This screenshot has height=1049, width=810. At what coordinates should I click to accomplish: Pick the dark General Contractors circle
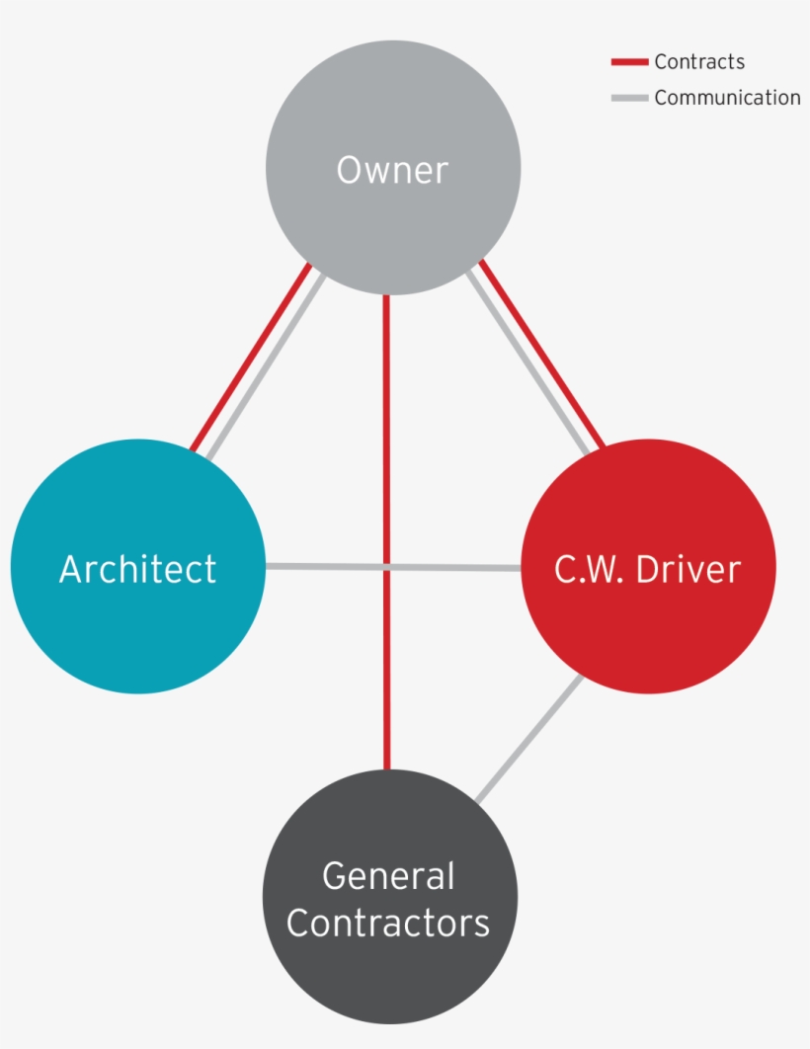point(389,978)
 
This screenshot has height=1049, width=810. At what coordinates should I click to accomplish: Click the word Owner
point(392,171)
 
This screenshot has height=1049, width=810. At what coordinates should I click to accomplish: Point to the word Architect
point(137,569)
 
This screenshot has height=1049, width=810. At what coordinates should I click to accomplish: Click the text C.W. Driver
point(648,569)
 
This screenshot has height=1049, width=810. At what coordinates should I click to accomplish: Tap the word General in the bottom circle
point(388,876)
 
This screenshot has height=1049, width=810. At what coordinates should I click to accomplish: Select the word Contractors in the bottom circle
point(388,923)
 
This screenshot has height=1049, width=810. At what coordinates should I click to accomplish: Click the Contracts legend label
point(699,62)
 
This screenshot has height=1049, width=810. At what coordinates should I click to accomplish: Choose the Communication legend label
point(727,98)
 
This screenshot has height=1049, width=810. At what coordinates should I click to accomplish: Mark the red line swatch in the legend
point(629,62)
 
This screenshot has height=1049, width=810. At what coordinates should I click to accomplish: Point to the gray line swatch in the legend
point(629,98)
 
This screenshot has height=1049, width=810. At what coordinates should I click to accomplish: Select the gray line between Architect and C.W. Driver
point(326,566)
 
